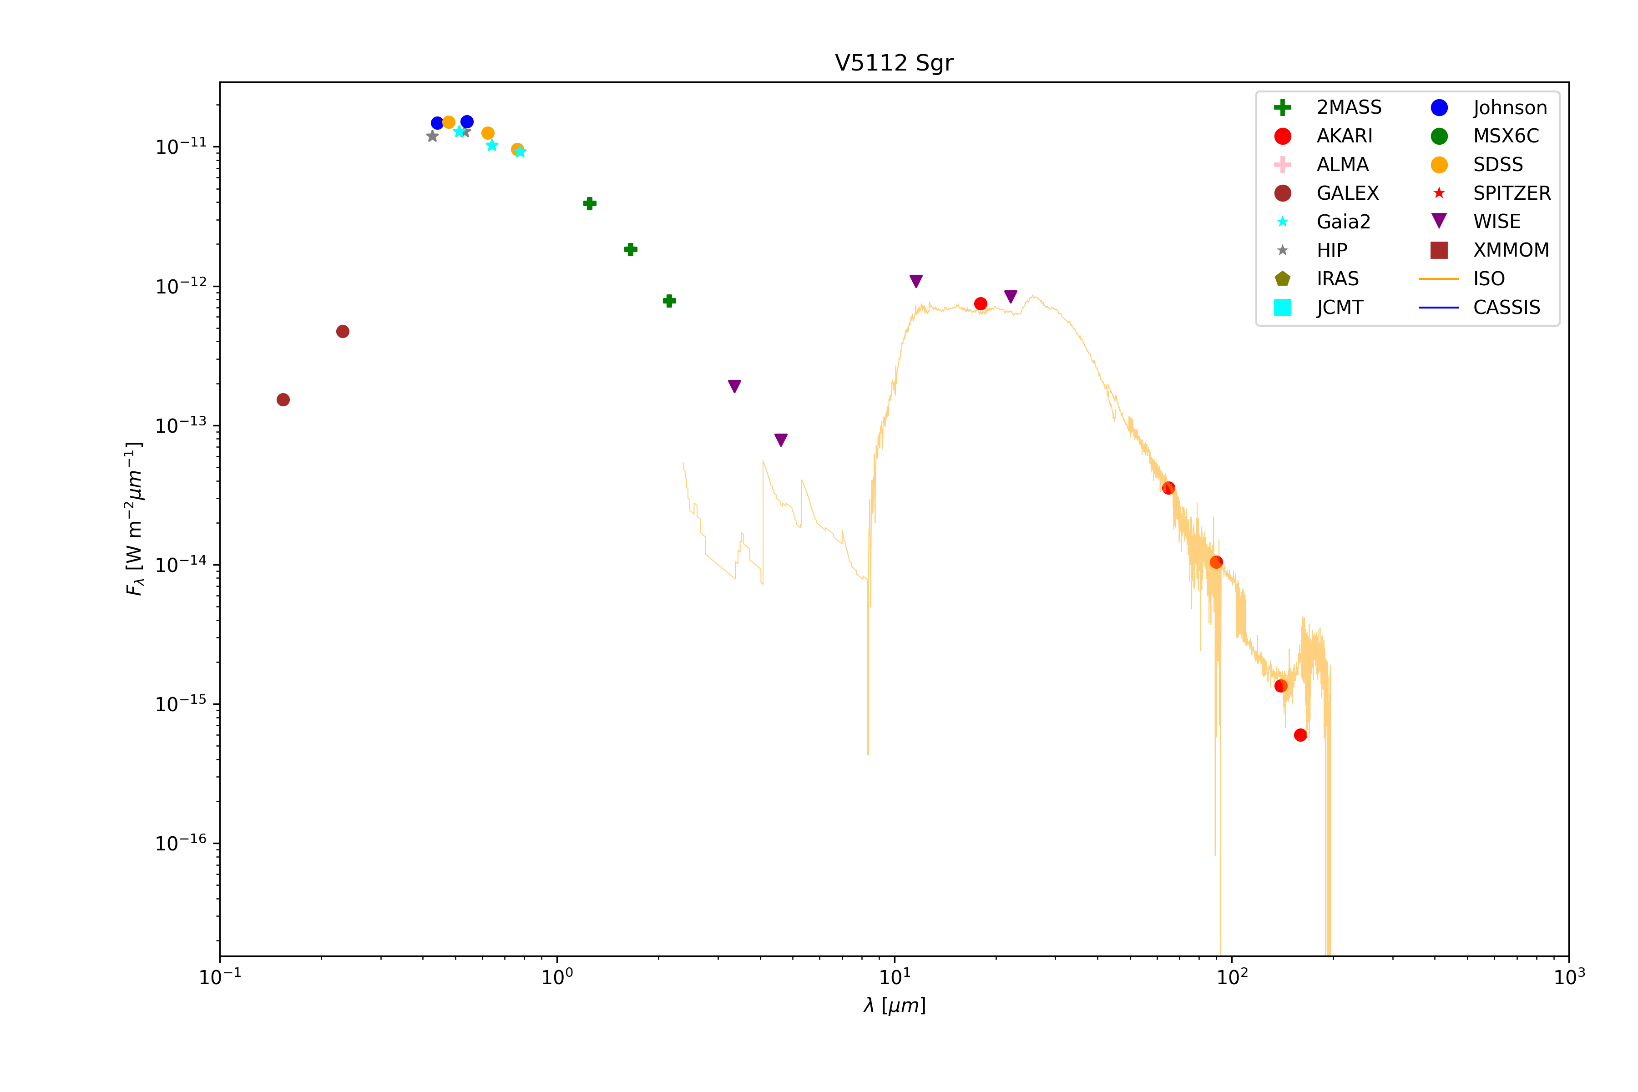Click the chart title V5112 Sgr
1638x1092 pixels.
pos(894,63)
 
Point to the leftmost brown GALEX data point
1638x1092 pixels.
pos(283,400)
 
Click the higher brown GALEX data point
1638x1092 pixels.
pos(343,332)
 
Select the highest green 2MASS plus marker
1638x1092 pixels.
pos(590,203)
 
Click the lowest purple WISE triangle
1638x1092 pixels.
pos(781,440)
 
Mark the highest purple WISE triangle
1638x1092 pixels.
pos(916,281)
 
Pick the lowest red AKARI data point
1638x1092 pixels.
pos(1300,735)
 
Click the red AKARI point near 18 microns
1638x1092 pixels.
pos(981,303)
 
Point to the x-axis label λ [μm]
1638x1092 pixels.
pos(894,1005)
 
